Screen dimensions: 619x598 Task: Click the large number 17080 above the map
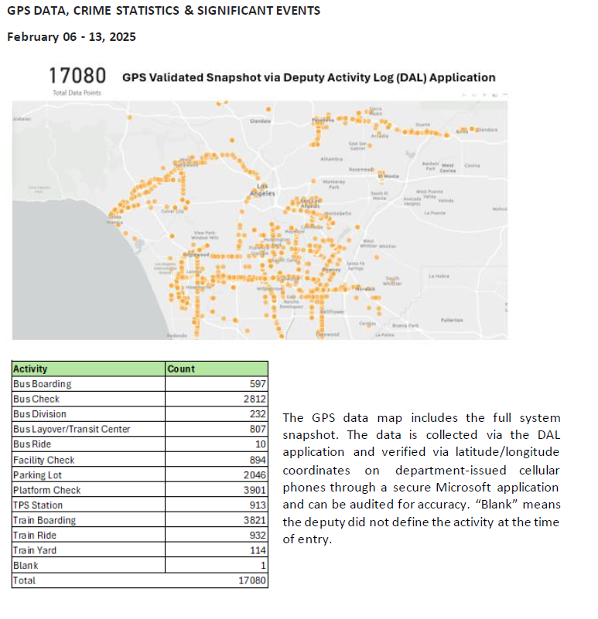coord(77,77)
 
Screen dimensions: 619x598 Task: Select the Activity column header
coord(31,369)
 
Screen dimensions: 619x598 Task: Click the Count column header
coord(182,369)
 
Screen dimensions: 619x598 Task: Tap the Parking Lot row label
coord(37,474)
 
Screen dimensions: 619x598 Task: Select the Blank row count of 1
coord(263,565)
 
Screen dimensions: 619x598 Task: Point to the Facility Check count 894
coord(256,460)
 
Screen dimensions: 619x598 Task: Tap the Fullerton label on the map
coord(452,319)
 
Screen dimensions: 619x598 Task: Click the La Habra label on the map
coord(438,276)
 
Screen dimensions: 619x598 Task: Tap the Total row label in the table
coord(25,580)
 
